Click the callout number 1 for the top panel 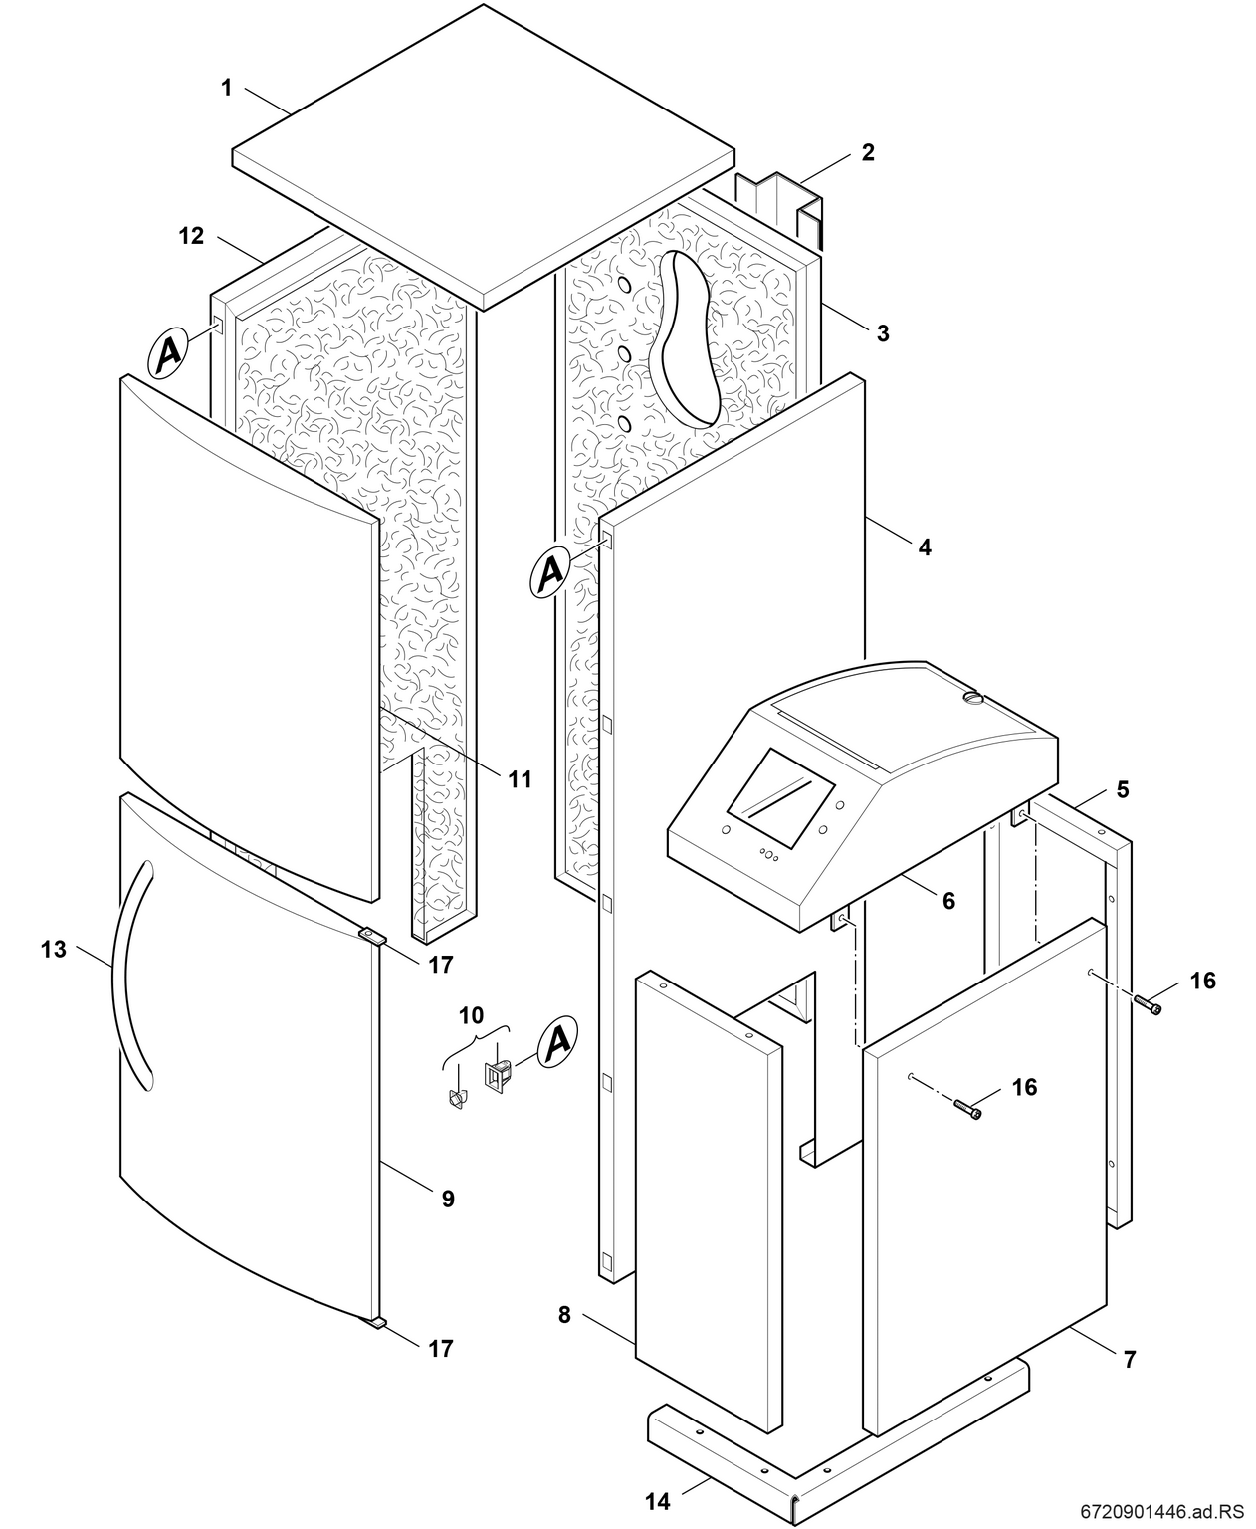pyautogui.click(x=226, y=88)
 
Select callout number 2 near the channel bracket pyautogui.click(x=868, y=152)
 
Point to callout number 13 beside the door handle pyautogui.click(x=54, y=949)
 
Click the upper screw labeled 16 pyautogui.click(x=1150, y=1007)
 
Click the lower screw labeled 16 pyautogui.click(x=968, y=1109)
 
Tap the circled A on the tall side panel pyautogui.click(x=552, y=572)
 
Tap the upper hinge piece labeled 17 pyautogui.click(x=371, y=934)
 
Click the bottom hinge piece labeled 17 pyautogui.click(x=375, y=1322)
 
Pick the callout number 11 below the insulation pyautogui.click(x=521, y=779)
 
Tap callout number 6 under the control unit pyautogui.click(x=948, y=900)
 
